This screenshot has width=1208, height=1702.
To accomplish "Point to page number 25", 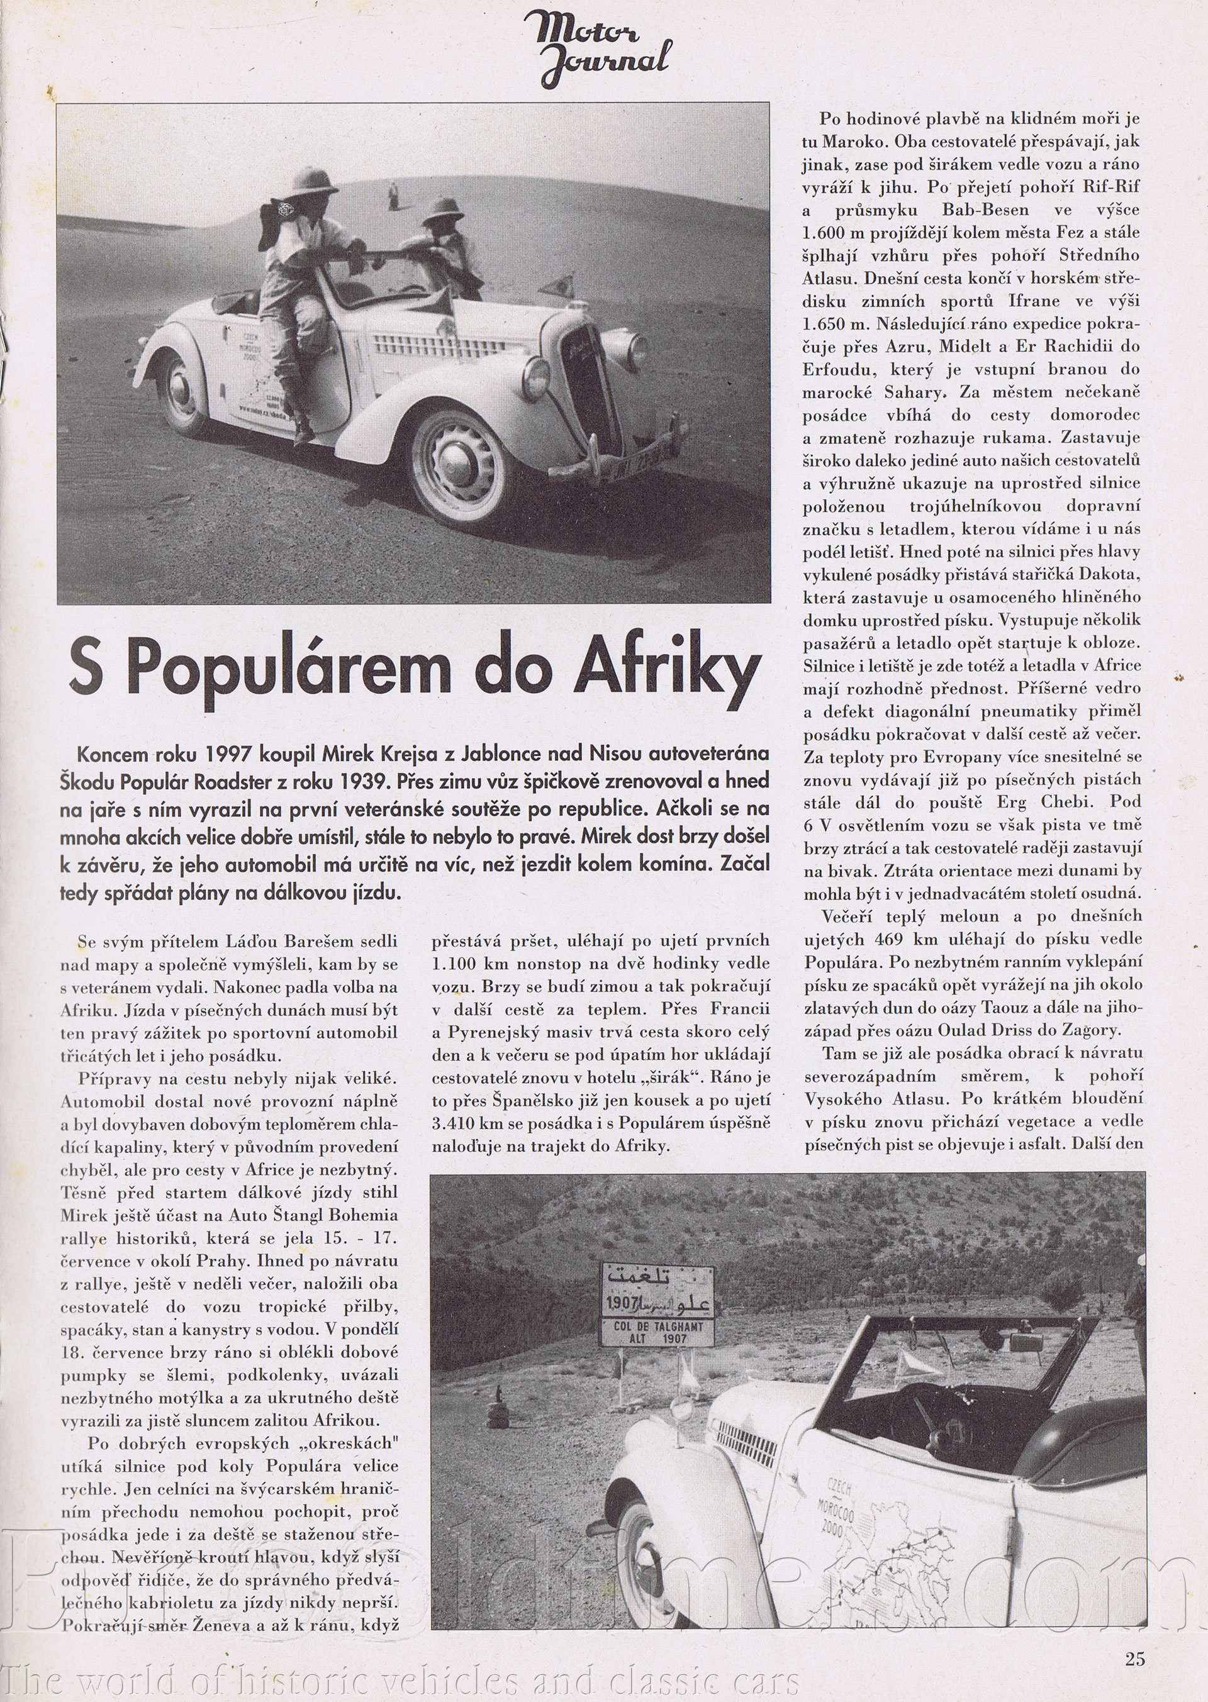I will (1135, 1652).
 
